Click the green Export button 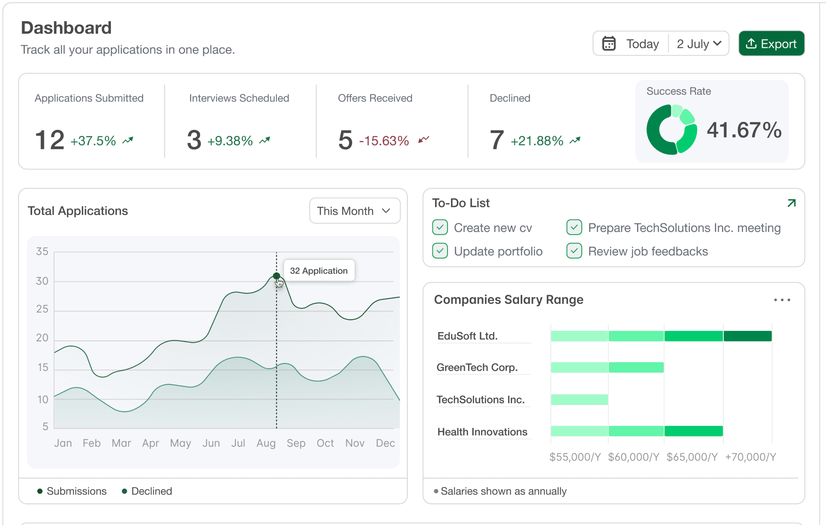pyautogui.click(x=771, y=44)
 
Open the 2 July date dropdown pyautogui.click(x=699, y=44)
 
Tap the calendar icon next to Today pyautogui.click(x=609, y=44)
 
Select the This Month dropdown pyautogui.click(x=355, y=210)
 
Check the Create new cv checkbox pyautogui.click(x=440, y=227)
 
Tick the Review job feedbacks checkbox pyautogui.click(x=574, y=251)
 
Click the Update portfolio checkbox pyautogui.click(x=440, y=251)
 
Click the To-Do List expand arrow pyautogui.click(x=791, y=203)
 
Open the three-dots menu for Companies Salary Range pyautogui.click(x=782, y=300)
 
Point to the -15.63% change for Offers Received pyautogui.click(x=384, y=141)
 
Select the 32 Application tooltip pyautogui.click(x=319, y=271)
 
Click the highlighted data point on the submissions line pyautogui.click(x=277, y=276)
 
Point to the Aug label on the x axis pyautogui.click(x=266, y=443)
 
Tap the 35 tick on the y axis pyautogui.click(x=42, y=251)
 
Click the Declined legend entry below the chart pyautogui.click(x=147, y=491)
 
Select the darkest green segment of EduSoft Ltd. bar pyautogui.click(x=748, y=336)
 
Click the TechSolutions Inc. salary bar pyautogui.click(x=579, y=399)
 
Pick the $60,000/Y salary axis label pyautogui.click(x=634, y=457)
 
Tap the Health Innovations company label pyautogui.click(x=482, y=432)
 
